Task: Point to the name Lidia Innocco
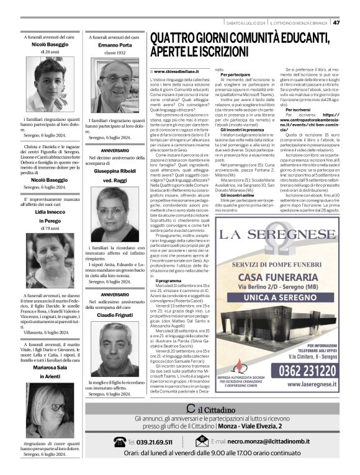[43, 213]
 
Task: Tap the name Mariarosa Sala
[43, 368]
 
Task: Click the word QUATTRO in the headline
[176, 40]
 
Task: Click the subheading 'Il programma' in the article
[168, 281]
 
